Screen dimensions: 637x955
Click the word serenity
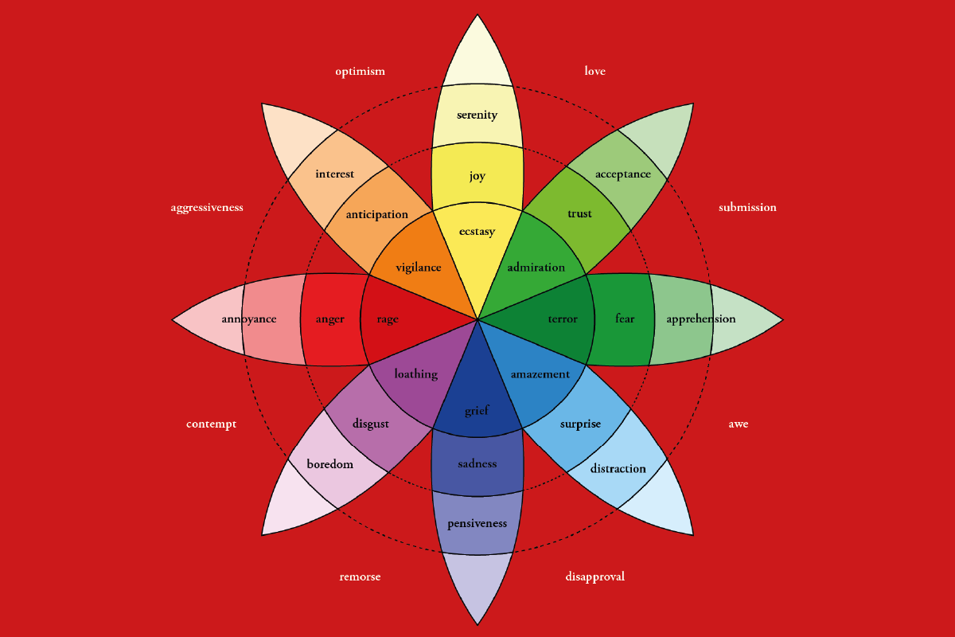click(x=477, y=115)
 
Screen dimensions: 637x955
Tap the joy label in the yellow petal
click(x=477, y=176)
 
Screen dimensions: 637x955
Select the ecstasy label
click(x=477, y=232)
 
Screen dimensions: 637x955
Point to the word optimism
click(x=360, y=71)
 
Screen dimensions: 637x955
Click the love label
click(x=594, y=71)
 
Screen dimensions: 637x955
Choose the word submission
click(x=747, y=207)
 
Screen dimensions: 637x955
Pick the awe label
click(x=738, y=424)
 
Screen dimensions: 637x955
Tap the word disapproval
click(x=594, y=576)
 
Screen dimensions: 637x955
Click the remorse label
click(x=360, y=576)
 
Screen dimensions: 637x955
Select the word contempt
click(x=211, y=424)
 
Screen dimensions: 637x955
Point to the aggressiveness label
click(x=207, y=208)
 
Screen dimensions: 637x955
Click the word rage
click(x=388, y=319)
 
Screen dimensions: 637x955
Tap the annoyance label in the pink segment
click(x=249, y=319)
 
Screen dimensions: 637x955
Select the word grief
click(x=477, y=411)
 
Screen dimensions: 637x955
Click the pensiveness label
click(x=477, y=523)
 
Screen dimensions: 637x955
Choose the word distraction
click(x=618, y=468)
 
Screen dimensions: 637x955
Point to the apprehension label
click(x=700, y=319)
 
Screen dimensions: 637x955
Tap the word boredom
click(x=329, y=463)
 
